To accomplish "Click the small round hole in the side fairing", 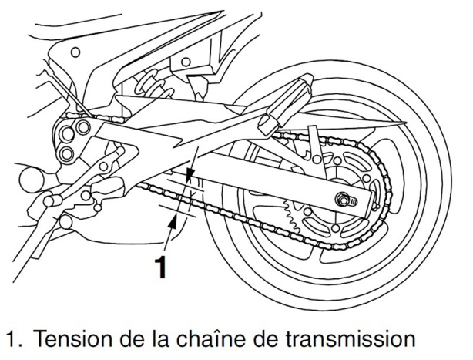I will point(75,52).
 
